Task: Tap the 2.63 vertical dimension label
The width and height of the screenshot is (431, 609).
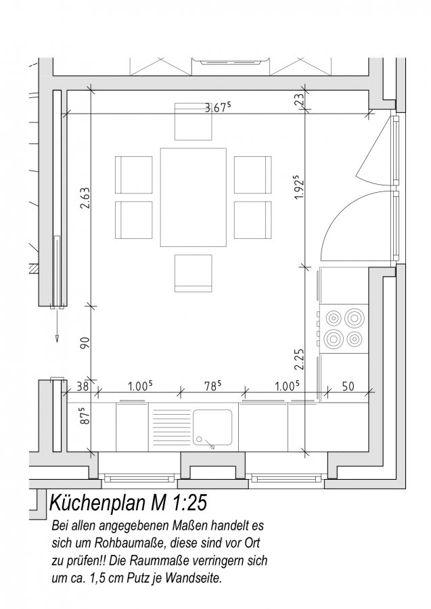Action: [x=85, y=198]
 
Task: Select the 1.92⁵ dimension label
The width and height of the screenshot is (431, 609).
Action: [x=299, y=187]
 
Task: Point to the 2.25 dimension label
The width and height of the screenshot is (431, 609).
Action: [x=299, y=359]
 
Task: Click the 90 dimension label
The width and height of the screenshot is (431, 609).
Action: [x=85, y=342]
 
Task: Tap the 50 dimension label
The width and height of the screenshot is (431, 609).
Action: [x=348, y=386]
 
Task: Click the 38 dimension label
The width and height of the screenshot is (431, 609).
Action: [x=83, y=386]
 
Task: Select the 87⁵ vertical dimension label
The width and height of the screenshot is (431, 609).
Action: [x=85, y=415]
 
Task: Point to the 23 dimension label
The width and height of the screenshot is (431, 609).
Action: [x=299, y=101]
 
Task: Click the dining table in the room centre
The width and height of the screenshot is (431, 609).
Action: [x=194, y=197]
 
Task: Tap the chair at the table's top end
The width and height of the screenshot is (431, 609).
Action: [x=194, y=121]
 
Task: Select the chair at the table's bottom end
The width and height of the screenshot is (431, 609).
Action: [x=194, y=273]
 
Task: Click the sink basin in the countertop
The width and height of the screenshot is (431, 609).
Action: [x=212, y=428]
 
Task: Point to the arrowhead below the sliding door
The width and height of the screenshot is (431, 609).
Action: [x=57, y=338]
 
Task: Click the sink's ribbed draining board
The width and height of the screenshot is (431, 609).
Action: [x=170, y=428]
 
